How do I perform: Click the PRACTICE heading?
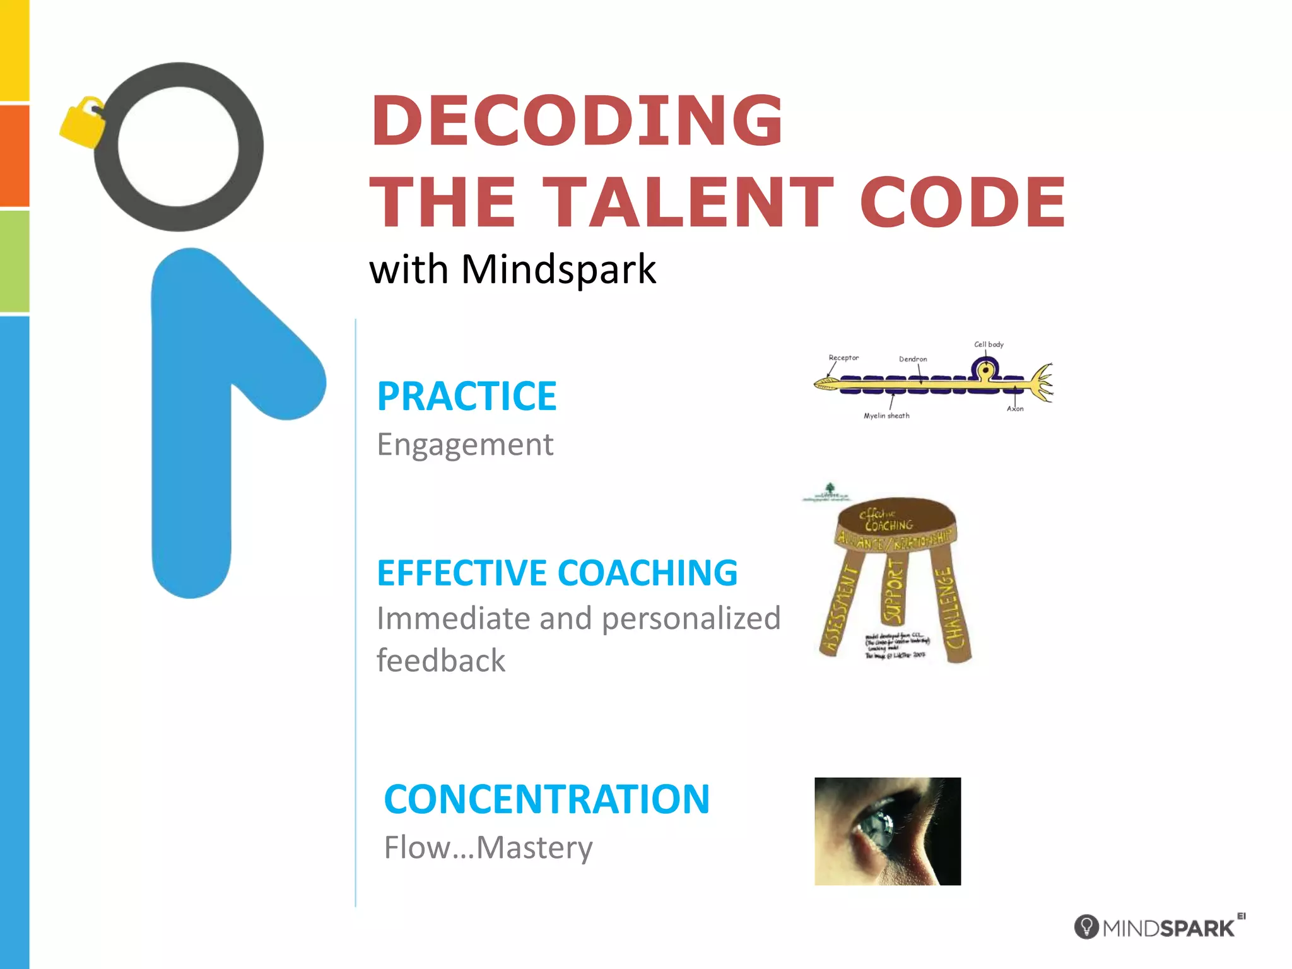point(467,396)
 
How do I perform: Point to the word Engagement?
point(465,444)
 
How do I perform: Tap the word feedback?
point(441,661)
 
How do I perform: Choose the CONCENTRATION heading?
point(546,799)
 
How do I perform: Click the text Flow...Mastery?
point(488,847)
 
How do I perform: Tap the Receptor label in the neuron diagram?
point(843,358)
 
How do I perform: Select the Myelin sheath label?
point(886,416)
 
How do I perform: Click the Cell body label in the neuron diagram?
point(989,344)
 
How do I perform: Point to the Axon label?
point(1015,409)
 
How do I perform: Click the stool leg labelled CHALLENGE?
point(953,606)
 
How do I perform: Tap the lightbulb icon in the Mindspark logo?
point(1086,927)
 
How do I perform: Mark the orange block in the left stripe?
point(15,155)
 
